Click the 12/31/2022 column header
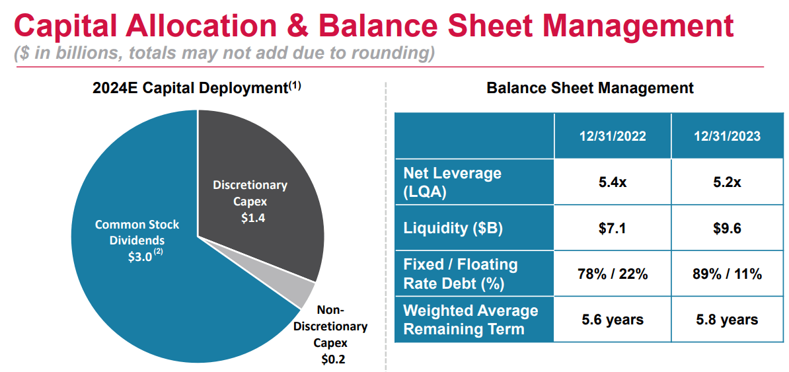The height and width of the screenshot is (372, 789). pos(612,137)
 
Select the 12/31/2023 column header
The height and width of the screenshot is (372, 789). pos(727,137)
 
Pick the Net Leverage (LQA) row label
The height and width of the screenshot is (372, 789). pos(452,182)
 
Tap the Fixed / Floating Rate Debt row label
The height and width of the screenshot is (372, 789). pos(461,274)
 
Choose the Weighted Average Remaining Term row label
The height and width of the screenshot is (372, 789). pos(470,320)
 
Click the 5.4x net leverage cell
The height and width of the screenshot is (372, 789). pos(612,182)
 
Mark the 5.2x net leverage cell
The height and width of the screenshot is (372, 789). pos(727,182)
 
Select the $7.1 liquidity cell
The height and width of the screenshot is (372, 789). pos(612,228)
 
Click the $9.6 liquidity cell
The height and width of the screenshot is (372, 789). pos(727,228)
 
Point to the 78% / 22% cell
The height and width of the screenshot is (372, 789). pos(612,274)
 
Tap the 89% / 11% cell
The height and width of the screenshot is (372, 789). pos(727,274)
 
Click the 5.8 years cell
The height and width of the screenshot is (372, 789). pos(727,320)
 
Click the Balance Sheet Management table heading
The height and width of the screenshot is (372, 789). pos(590,88)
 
